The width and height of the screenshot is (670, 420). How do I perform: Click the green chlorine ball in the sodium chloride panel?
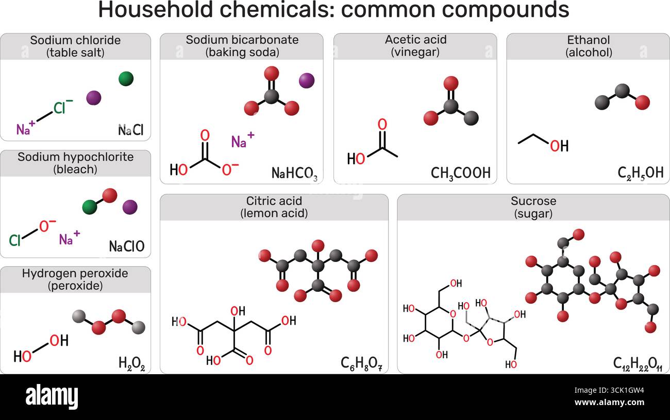(126, 79)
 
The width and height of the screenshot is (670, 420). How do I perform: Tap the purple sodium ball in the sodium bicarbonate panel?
(307, 80)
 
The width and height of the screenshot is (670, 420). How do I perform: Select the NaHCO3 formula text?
(294, 173)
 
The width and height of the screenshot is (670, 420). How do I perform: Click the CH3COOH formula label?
(461, 173)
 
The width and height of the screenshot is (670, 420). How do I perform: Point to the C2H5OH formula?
(640, 173)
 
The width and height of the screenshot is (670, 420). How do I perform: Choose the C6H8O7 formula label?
(362, 364)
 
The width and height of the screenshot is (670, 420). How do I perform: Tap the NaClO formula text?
(126, 247)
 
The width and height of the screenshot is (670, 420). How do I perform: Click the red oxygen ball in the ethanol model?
(642, 102)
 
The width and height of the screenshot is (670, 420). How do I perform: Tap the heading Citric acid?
(274, 201)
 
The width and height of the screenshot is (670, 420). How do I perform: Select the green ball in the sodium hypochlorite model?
(90, 206)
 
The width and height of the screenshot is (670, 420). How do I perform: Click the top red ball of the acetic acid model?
(451, 83)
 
